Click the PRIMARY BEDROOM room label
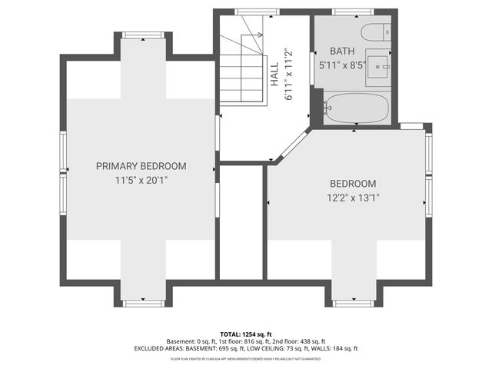pos(141,166)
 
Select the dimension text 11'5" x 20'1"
pos(141,180)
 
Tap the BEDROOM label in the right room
pos(353,184)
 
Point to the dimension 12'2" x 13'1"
pos(353,198)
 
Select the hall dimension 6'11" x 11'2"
pos(289,75)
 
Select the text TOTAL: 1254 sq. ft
pos(245,334)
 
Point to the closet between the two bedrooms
pos(241,223)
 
